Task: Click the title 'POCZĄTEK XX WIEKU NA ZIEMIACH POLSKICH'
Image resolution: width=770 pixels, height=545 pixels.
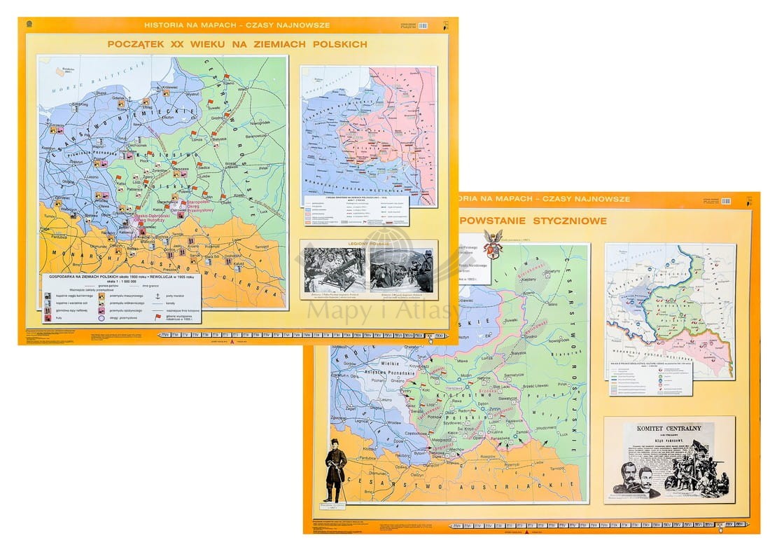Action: pyautogui.click(x=237, y=44)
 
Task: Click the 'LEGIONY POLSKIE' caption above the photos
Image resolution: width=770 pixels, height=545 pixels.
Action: pyautogui.click(x=368, y=244)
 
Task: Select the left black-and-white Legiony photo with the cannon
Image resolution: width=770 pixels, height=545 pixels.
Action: pyautogui.click(x=334, y=270)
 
